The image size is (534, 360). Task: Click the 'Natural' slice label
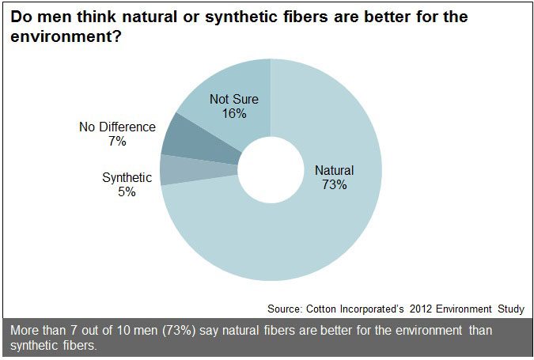(334, 170)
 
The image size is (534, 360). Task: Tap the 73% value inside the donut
(334, 184)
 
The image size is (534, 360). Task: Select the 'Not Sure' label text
(234, 99)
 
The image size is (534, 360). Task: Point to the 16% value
(234, 113)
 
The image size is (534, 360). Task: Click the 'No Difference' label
(117, 127)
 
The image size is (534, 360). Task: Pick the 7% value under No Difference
(117, 141)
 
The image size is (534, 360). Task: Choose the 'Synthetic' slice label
(127, 178)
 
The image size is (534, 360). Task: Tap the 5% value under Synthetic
(127, 192)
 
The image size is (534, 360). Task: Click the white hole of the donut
(271, 169)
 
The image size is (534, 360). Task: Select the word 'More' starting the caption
(24, 330)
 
